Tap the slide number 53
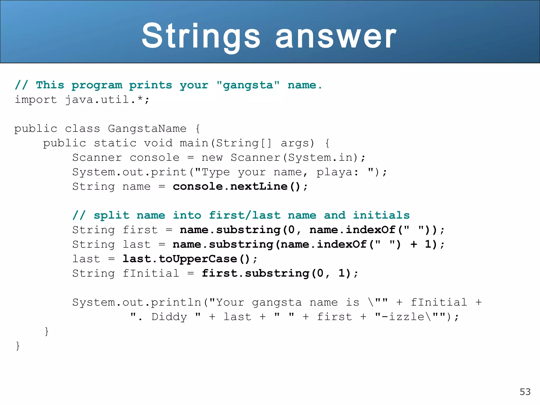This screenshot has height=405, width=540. (525, 392)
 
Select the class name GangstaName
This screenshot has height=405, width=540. (147, 129)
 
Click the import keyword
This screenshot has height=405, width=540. (36, 100)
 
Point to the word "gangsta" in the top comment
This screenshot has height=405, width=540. (248, 85)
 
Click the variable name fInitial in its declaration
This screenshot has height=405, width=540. (151, 273)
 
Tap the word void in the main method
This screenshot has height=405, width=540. (158, 143)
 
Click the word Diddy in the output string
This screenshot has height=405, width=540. (169, 317)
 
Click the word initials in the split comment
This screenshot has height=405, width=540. (381, 215)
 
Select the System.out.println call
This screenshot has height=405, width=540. (137, 302)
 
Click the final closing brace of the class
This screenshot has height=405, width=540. (18, 346)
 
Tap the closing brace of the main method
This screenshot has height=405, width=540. (47, 331)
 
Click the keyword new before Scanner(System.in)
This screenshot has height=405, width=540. (212, 158)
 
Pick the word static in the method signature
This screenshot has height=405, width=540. (115, 143)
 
